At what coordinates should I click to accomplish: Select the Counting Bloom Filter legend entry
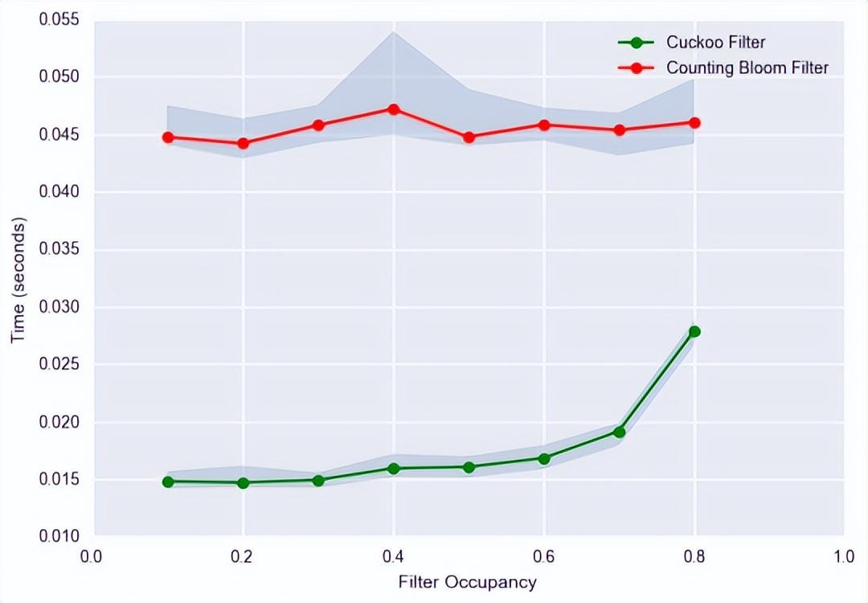pyautogui.click(x=747, y=68)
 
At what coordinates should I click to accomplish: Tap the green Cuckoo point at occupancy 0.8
pyautogui.click(x=694, y=331)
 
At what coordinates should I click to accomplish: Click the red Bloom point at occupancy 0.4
pyautogui.click(x=394, y=109)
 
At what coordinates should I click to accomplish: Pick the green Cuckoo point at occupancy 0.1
pyautogui.click(x=168, y=482)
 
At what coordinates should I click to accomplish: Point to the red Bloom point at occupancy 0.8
pyautogui.click(x=694, y=123)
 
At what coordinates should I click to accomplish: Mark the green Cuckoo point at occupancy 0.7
pyautogui.click(x=619, y=432)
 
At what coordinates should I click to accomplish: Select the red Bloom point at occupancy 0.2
pyautogui.click(x=243, y=144)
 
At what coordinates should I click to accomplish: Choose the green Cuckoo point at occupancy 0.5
pyautogui.click(x=469, y=466)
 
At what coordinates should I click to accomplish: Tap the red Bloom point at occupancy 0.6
pyautogui.click(x=544, y=125)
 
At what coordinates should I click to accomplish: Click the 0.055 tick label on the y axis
pyautogui.click(x=60, y=19)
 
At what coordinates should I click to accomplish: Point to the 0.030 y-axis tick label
pyautogui.click(x=60, y=307)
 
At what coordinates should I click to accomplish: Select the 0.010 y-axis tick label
pyautogui.click(x=60, y=536)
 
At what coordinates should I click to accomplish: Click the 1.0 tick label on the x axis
pyautogui.click(x=843, y=556)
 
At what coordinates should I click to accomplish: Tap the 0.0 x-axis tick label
pyautogui.click(x=92, y=556)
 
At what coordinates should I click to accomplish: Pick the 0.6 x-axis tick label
pyautogui.click(x=543, y=556)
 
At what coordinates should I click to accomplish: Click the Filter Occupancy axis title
pyautogui.click(x=467, y=581)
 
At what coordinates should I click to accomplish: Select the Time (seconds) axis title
pyautogui.click(x=18, y=278)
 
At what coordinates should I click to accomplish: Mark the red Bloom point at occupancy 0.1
pyautogui.click(x=168, y=137)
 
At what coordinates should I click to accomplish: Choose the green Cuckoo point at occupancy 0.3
pyautogui.click(x=318, y=480)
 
